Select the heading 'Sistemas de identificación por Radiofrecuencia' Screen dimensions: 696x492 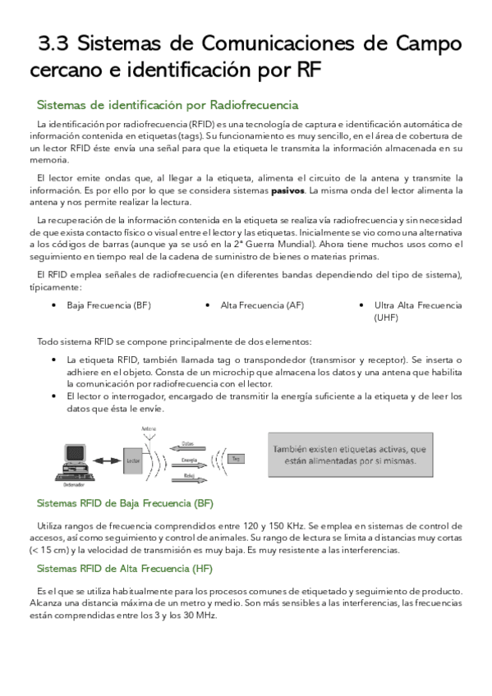[168, 105]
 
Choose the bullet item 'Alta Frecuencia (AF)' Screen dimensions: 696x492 [262, 305]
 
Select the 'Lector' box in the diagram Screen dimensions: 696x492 [133, 461]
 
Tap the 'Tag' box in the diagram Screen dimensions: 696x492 [237, 458]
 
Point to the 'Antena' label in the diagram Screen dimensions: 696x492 [149, 429]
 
